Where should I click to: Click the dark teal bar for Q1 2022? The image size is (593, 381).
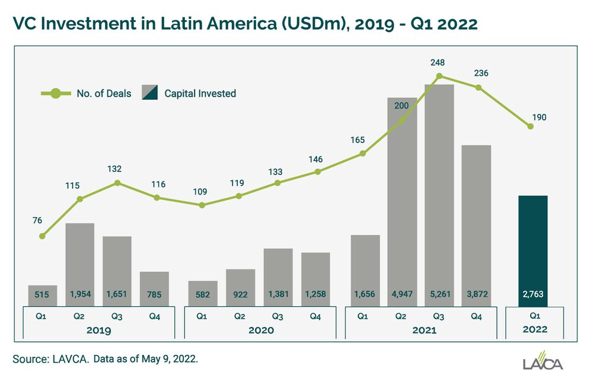pyautogui.click(x=533, y=249)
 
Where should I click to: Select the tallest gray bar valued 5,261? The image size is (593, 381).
pyautogui.click(x=439, y=190)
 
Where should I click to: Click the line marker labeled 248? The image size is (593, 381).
pyautogui.click(x=439, y=76)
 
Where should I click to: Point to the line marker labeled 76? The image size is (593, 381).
pyautogui.click(x=42, y=236)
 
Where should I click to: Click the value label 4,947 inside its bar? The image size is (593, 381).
pyautogui.click(x=402, y=294)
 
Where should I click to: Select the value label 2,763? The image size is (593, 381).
pyautogui.click(x=533, y=294)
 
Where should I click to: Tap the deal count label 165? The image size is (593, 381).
pyautogui.click(x=363, y=141)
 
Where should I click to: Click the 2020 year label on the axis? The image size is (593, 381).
pyautogui.click(x=260, y=329)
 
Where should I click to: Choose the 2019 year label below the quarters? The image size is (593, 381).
pyautogui.click(x=98, y=329)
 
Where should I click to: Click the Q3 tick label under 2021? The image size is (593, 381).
pyautogui.click(x=439, y=316)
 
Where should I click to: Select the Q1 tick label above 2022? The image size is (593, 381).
pyautogui.click(x=534, y=316)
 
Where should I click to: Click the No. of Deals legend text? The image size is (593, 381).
pyautogui.click(x=104, y=93)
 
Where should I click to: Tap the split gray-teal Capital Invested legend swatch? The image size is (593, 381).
pyautogui.click(x=149, y=93)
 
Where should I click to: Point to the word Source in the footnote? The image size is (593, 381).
pyautogui.click(x=28, y=358)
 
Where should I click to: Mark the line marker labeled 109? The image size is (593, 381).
pyautogui.click(x=202, y=205)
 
